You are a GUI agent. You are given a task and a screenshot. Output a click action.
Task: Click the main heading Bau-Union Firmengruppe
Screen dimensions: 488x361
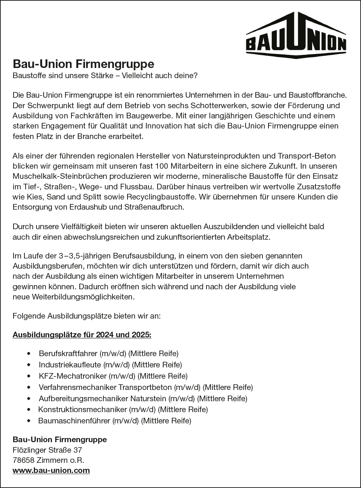tap(83, 63)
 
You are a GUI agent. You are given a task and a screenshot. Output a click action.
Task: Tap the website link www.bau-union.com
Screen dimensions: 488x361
tap(51, 470)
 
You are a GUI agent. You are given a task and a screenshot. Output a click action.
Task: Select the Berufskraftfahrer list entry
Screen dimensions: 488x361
tap(108, 354)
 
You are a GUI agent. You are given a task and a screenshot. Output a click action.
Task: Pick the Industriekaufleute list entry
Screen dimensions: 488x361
tap(110, 365)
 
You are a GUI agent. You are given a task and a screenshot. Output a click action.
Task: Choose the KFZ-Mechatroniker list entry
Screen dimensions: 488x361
tap(113, 376)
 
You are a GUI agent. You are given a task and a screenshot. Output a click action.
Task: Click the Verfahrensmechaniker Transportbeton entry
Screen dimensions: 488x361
tap(146, 387)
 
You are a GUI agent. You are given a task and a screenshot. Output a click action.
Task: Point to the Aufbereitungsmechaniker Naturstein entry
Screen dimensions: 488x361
tap(143, 399)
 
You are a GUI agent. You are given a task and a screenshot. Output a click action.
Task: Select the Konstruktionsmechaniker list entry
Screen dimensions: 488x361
tap(123, 409)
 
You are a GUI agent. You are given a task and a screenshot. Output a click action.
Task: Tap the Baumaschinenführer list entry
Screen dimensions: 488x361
tap(115, 421)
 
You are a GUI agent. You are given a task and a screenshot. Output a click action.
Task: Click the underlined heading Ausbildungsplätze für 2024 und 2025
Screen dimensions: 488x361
tap(82, 334)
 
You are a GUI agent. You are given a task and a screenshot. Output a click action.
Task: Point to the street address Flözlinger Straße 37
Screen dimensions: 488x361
tap(47, 450)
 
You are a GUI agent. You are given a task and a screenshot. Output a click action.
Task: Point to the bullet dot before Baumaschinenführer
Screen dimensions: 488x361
tap(29, 421)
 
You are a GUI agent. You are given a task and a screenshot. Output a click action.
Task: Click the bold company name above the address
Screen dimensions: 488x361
tap(60, 440)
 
